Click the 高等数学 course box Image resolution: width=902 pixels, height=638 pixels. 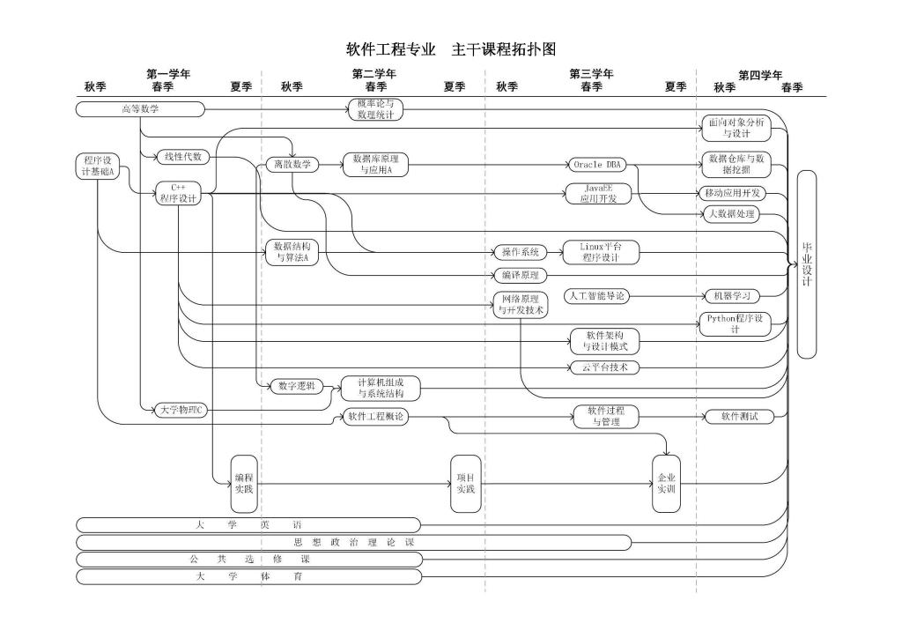pyautogui.click(x=140, y=109)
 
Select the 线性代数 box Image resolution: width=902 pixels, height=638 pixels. pyautogui.click(x=183, y=157)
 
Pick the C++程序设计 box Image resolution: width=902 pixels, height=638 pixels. pyautogui.click(x=179, y=193)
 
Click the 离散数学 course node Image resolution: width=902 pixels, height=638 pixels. pyautogui.click(x=292, y=164)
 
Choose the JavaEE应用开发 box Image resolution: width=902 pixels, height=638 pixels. pyautogui.click(x=598, y=193)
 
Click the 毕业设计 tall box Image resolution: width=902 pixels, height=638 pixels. pyautogui.click(x=806, y=264)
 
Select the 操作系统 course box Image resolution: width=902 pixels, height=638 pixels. pyautogui.click(x=520, y=252)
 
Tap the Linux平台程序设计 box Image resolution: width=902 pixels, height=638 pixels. pyautogui.click(x=600, y=252)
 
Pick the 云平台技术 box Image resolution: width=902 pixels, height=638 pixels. pyautogui.click(x=604, y=367)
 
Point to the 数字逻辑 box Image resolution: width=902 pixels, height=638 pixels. pyautogui.click(x=295, y=385)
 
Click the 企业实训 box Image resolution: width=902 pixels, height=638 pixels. pyautogui.click(x=666, y=484)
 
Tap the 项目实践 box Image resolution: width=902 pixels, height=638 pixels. pyautogui.click(x=465, y=484)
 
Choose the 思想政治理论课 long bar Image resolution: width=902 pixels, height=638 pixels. pyautogui.click(x=353, y=542)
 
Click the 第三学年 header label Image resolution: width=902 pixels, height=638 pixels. pyautogui.click(x=591, y=74)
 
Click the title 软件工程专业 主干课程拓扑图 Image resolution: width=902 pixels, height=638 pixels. pyautogui.click(x=451, y=48)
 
